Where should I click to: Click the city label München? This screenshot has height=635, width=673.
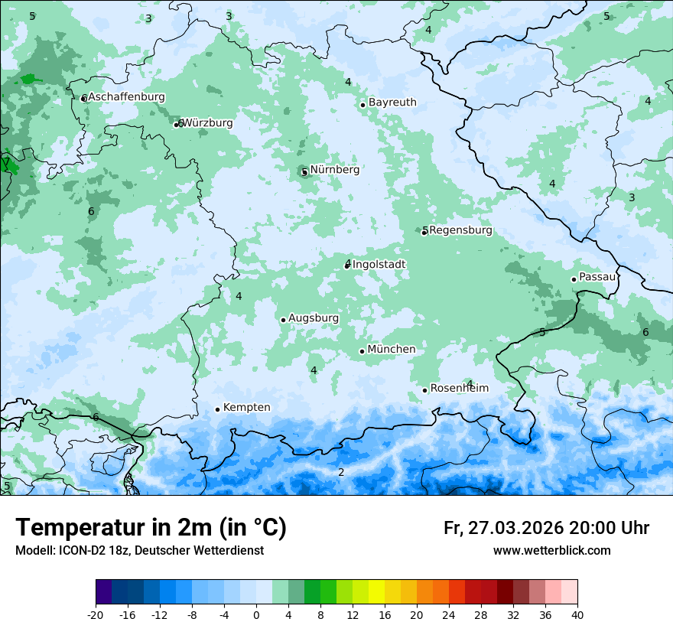[391, 350]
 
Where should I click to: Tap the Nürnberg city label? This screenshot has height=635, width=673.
[334, 170]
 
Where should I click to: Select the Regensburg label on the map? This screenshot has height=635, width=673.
[460, 230]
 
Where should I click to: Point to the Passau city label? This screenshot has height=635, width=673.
[597, 277]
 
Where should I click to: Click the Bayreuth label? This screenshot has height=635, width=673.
[392, 103]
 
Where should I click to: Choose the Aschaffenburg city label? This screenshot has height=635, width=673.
[126, 97]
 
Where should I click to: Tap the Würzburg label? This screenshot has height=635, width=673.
[208, 123]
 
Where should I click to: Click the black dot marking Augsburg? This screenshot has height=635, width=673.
[283, 320]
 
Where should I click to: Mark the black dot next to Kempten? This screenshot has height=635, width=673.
[217, 409]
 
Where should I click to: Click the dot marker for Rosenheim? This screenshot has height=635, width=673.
[424, 390]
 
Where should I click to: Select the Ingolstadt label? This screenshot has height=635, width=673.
[379, 265]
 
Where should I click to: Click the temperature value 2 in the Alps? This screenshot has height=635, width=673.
[341, 472]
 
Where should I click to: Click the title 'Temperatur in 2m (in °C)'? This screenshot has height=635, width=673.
[151, 528]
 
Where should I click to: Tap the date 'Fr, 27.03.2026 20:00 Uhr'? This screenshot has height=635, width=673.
[546, 529]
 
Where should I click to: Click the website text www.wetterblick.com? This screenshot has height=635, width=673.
[551, 551]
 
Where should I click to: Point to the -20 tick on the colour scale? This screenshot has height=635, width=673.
[96, 614]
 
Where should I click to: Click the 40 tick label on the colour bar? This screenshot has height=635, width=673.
[577, 614]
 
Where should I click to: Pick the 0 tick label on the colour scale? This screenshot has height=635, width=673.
[256, 614]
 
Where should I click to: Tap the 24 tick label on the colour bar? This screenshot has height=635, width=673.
[449, 614]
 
